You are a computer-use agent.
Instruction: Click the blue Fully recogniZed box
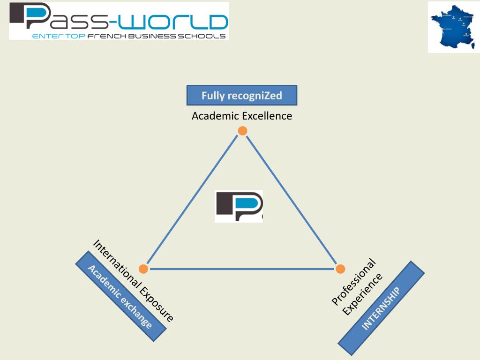point(242,95)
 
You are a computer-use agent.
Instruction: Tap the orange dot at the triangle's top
point(242,131)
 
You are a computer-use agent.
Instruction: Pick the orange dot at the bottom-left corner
point(143,269)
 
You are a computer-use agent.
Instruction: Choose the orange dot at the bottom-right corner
point(341,269)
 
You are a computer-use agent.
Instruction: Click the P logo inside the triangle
point(239,206)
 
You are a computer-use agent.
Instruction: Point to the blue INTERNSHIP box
point(381,308)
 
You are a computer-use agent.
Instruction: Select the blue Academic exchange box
point(121,296)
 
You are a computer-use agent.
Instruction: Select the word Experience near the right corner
point(363,294)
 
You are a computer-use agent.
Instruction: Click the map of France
point(453,27)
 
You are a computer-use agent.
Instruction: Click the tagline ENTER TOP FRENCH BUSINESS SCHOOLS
point(129,36)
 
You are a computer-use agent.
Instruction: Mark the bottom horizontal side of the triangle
point(242,269)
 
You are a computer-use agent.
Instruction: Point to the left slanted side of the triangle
point(193,200)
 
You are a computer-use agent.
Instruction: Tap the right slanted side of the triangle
point(292,200)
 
